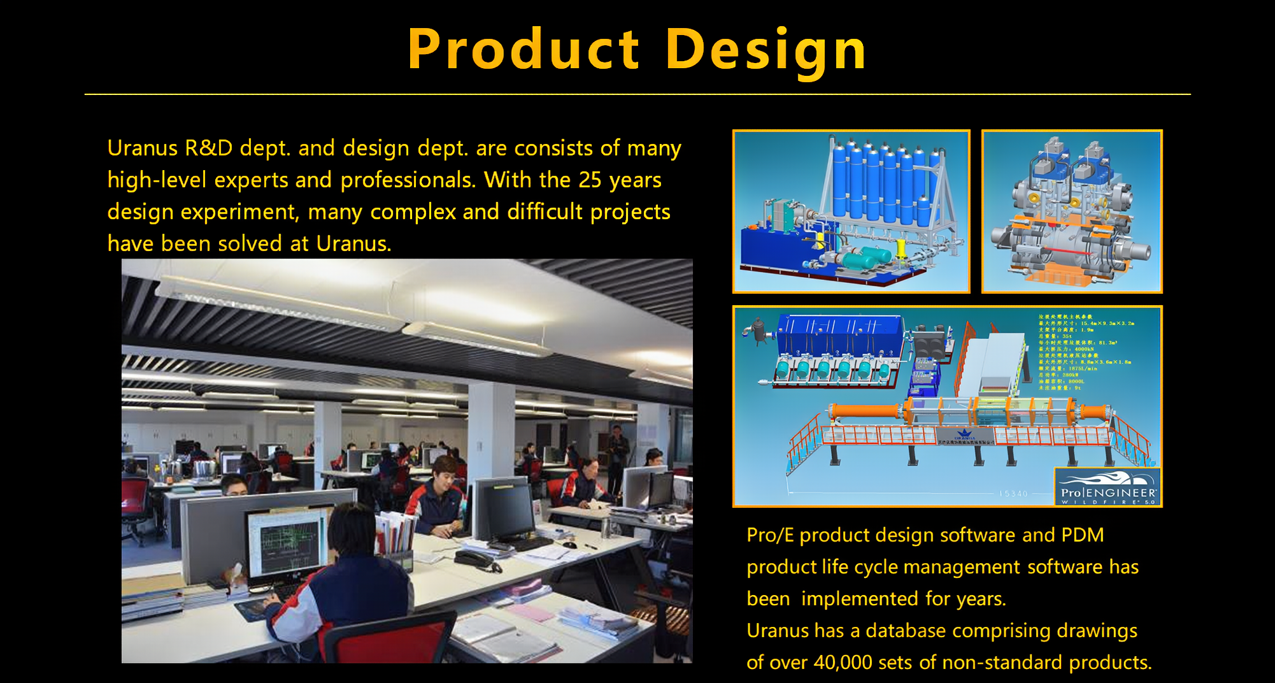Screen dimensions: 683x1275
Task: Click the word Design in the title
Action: [766, 50]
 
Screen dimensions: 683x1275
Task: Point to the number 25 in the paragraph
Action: [590, 180]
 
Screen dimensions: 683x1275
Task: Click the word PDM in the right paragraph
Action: [1082, 535]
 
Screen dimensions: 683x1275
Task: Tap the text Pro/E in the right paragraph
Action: [770, 535]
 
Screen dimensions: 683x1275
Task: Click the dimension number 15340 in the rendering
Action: [1013, 494]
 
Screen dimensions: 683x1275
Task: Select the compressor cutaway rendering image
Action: [1072, 212]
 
